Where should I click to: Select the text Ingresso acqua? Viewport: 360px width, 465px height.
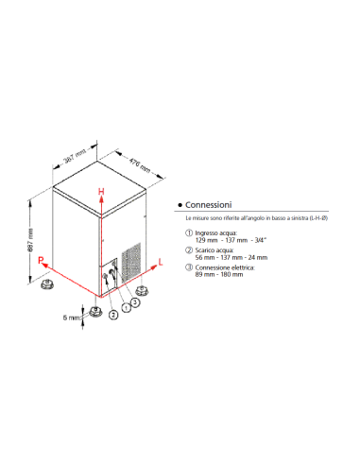point(217,232)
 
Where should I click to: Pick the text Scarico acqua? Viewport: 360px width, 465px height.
point(216,250)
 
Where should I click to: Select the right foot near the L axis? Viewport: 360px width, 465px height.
point(142,289)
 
